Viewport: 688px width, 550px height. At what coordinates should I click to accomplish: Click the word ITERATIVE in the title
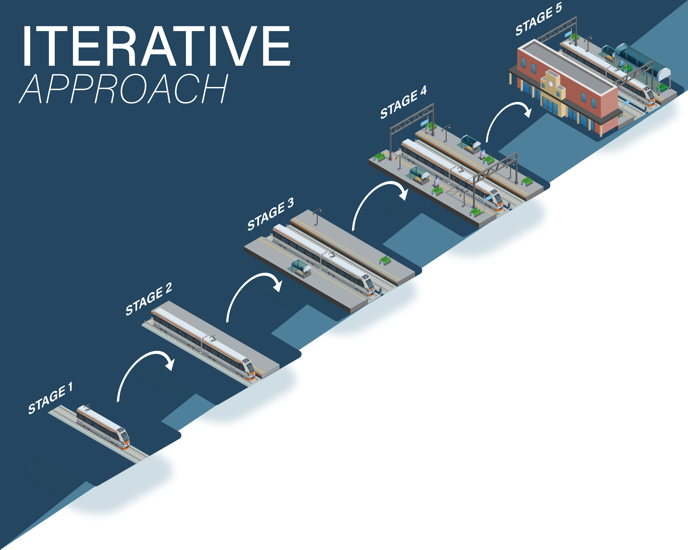(x=156, y=46)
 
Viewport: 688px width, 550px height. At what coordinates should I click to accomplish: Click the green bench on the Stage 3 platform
(x=385, y=260)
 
